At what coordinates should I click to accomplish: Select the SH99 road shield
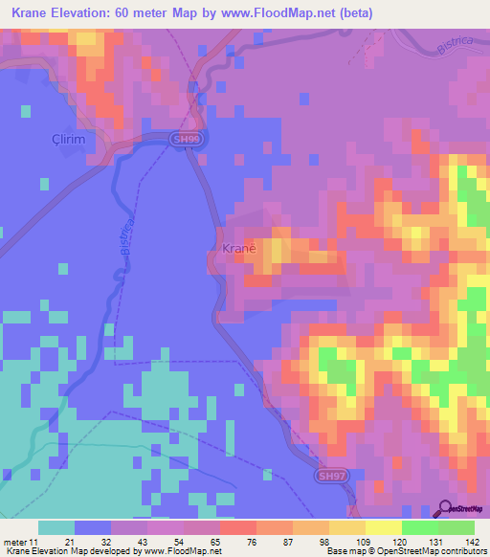point(188,140)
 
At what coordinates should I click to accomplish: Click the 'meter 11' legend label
point(20,542)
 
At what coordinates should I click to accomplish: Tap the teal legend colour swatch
point(56,527)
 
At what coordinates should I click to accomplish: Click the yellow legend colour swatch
point(383,527)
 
